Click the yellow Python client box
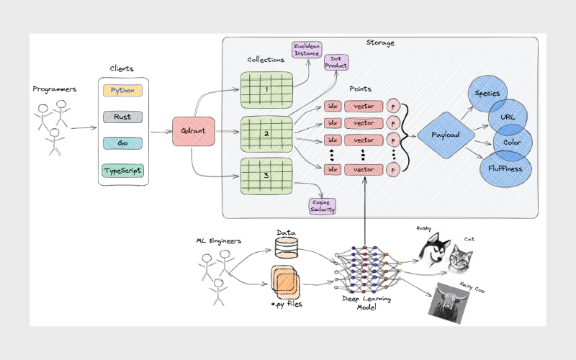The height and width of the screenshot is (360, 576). point(123,91)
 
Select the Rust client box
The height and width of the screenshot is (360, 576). point(123,116)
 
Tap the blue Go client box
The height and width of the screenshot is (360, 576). point(123,143)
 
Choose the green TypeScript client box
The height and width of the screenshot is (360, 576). point(123,171)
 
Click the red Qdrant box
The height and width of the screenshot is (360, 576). point(189,132)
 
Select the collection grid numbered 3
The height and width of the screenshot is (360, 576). point(266,174)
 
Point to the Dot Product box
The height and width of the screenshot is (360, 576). point(336,63)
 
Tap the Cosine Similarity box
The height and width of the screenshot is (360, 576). point(323,206)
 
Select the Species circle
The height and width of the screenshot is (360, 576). point(490,94)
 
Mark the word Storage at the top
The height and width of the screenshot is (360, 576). point(379,43)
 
